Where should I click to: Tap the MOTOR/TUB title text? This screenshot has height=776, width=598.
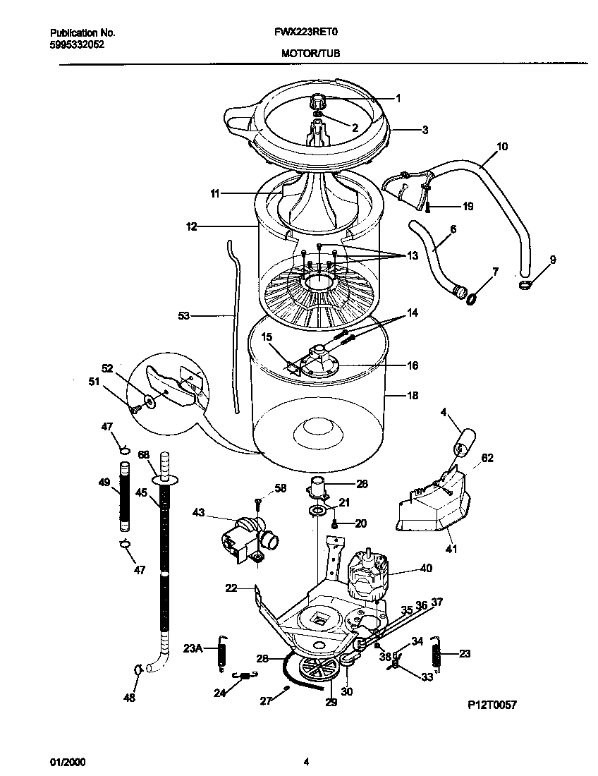point(310,53)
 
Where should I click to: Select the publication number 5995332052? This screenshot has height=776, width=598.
point(78,43)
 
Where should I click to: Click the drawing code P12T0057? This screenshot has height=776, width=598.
point(492,704)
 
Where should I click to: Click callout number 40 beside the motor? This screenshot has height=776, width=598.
point(426,568)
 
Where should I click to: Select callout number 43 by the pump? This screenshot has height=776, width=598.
point(198,513)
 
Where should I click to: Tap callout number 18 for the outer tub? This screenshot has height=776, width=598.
point(413,396)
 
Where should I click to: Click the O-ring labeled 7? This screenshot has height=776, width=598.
point(470,299)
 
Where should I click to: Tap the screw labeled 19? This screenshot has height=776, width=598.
point(427,207)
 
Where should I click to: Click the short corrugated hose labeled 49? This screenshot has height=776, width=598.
point(126,496)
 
